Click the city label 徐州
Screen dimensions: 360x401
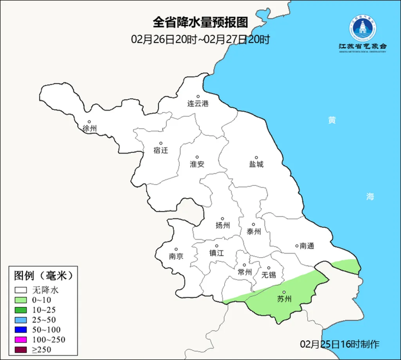point(89,128)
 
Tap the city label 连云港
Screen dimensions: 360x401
point(197,104)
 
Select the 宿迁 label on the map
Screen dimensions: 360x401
point(161,150)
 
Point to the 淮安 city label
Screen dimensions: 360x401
point(197,164)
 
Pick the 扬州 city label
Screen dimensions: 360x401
point(223,225)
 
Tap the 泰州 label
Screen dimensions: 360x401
point(254,232)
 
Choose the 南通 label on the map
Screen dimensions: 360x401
point(307,246)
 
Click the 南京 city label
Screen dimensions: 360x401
point(176,257)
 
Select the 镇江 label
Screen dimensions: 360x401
point(216,252)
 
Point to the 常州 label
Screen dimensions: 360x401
point(244,272)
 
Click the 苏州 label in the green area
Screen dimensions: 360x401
point(284,299)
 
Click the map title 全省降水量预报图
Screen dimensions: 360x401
point(200,22)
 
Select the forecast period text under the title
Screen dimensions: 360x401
point(200,39)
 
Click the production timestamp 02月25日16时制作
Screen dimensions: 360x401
point(339,343)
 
